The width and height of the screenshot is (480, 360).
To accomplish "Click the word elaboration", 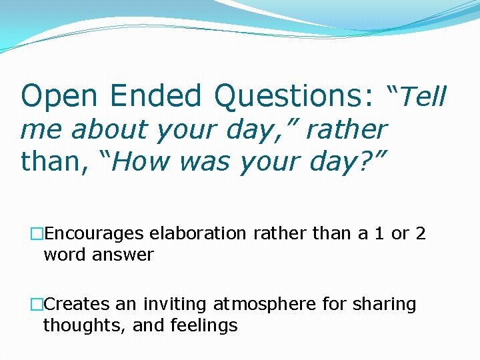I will (197, 234).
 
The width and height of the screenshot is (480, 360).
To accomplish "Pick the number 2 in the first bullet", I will (420, 234).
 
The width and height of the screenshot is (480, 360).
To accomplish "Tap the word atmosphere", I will (265, 305).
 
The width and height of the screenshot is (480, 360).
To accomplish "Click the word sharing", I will (386, 305).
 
